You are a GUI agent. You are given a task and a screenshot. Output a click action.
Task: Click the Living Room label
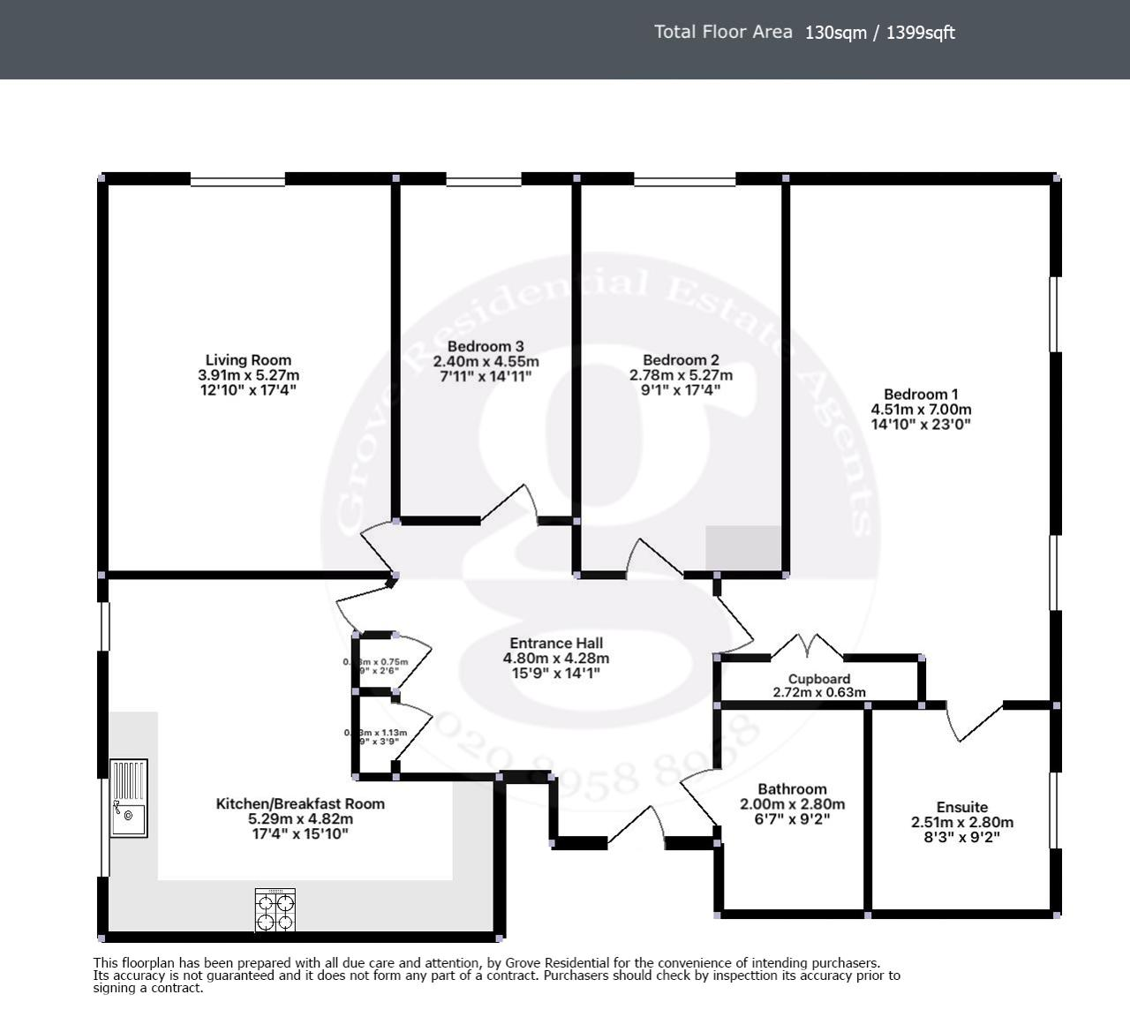click(x=248, y=360)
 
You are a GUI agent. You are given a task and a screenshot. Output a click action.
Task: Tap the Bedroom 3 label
click(x=486, y=347)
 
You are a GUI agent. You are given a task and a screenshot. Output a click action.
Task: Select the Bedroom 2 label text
click(x=681, y=360)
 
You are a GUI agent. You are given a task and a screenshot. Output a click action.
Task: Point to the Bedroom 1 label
click(x=921, y=395)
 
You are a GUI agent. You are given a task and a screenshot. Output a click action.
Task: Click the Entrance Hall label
click(x=556, y=644)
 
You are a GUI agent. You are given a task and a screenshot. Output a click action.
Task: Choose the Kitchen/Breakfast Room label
click(x=300, y=803)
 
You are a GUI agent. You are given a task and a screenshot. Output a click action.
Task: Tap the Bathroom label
click(x=792, y=789)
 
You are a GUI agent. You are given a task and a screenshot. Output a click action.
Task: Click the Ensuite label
click(x=961, y=807)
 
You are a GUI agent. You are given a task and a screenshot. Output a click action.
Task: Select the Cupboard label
click(x=819, y=679)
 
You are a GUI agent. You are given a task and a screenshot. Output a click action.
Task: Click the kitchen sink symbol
click(x=129, y=798)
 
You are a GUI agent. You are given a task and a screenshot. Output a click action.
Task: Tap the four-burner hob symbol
click(x=275, y=910)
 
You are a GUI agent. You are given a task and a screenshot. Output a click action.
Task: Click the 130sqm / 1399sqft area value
click(x=879, y=34)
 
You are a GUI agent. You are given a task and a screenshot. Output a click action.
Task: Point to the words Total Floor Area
click(x=723, y=33)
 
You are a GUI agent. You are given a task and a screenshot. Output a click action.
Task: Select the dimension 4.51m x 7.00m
click(x=921, y=410)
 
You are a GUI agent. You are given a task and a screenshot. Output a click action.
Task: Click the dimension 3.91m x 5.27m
click(x=248, y=375)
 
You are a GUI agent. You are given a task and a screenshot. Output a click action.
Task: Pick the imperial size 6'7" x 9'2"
click(x=792, y=819)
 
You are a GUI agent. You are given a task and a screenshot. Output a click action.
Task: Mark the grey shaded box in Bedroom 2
click(x=743, y=548)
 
